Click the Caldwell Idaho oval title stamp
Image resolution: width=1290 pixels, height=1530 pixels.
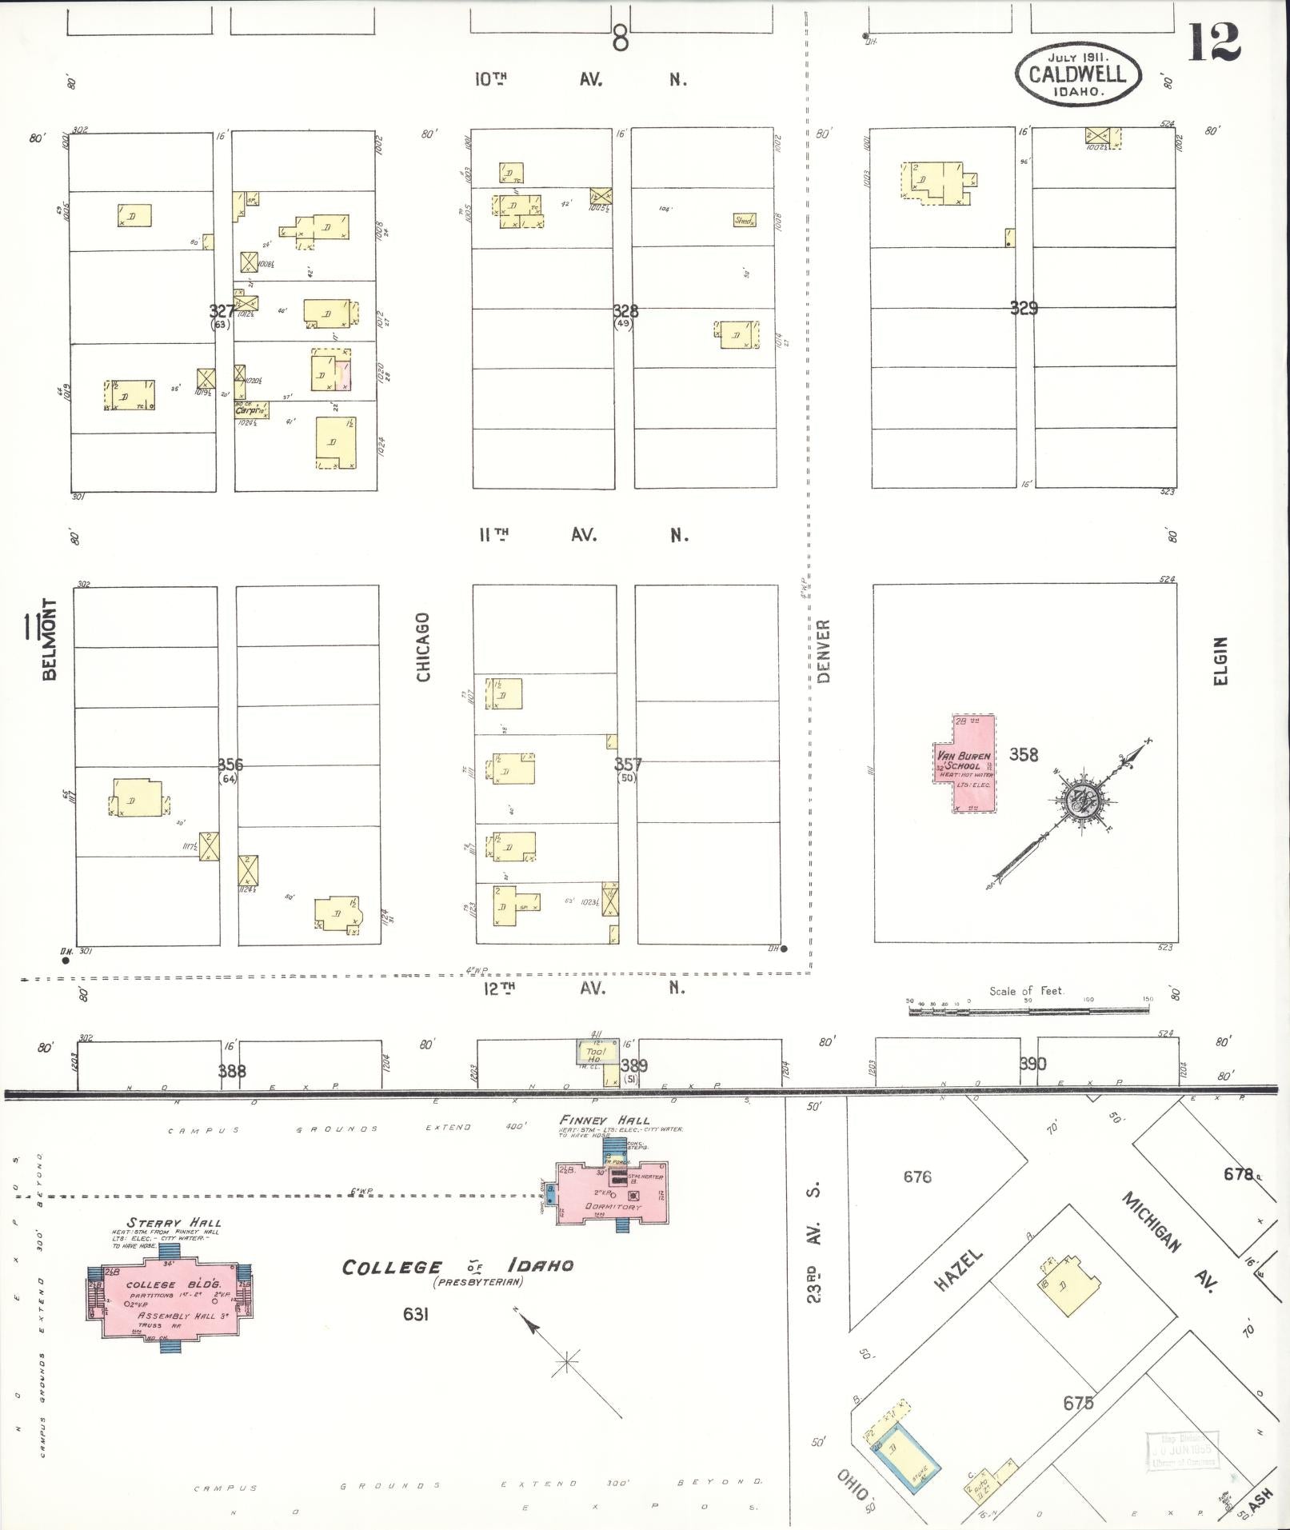pos(1077,74)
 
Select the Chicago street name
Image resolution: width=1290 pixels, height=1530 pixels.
pos(423,647)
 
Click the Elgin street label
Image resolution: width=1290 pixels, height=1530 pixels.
pos(1219,661)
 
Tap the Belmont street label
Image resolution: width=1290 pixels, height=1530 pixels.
pos(50,639)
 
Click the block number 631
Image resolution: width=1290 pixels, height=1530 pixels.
pos(416,1313)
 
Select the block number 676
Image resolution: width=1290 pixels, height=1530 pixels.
pos(917,1176)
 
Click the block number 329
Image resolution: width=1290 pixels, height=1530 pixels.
pos(1024,308)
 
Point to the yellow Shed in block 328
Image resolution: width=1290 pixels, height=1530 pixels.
pos(744,220)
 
